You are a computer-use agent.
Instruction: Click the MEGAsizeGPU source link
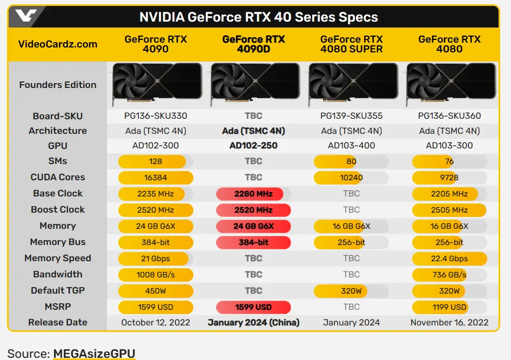[94, 354]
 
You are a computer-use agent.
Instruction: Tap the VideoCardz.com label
[58, 44]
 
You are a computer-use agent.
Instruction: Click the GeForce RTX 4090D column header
[253, 44]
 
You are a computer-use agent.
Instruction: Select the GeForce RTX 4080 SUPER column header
[351, 44]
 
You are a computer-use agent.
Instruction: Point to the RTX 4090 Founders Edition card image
[156, 84]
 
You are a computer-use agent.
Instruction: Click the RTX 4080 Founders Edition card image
[450, 84]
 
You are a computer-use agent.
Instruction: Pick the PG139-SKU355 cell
[351, 116]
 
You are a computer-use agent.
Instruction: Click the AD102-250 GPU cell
[253, 145]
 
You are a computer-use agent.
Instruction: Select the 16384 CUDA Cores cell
[156, 177]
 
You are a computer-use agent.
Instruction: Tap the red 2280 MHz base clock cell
[253, 194]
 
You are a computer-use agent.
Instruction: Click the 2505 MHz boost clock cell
[449, 210]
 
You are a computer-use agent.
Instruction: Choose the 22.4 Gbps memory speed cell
[449, 259]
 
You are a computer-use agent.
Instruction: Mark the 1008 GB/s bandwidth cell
[156, 275]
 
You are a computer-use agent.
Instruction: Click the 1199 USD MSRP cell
[449, 307]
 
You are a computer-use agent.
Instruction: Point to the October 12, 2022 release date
[156, 323]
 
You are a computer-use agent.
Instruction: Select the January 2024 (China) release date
[253, 323]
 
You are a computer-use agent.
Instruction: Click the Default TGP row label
[58, 290]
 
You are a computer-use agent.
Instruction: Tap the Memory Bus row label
[58, 242]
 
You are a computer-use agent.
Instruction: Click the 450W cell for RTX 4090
[156, 291]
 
